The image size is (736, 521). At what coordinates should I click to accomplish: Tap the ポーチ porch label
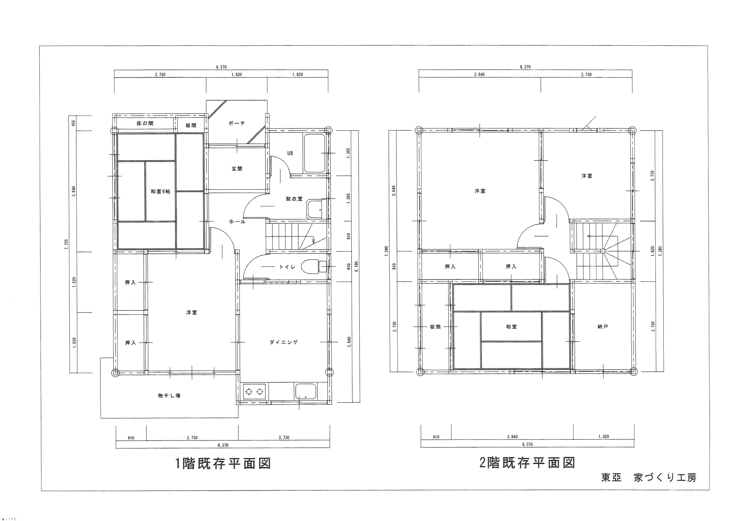[x=237, y=123]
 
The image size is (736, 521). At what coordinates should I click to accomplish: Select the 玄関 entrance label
[x=237, y=169]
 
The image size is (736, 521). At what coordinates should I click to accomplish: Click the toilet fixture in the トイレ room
[x=314, y=266]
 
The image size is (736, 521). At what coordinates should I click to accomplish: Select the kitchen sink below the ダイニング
[x=306, y=391]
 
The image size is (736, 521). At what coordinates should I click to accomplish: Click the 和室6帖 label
[x=160, y=192]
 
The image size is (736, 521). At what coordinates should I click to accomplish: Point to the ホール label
[x=237, y=222]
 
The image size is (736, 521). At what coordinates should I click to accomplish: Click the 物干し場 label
[x=169, y=396]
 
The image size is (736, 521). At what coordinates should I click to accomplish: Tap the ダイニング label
[x=284, y=342]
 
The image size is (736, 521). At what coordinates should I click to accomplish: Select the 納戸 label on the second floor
[x=603, y=327]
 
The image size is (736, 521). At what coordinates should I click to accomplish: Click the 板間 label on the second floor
[x=435, y=327]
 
